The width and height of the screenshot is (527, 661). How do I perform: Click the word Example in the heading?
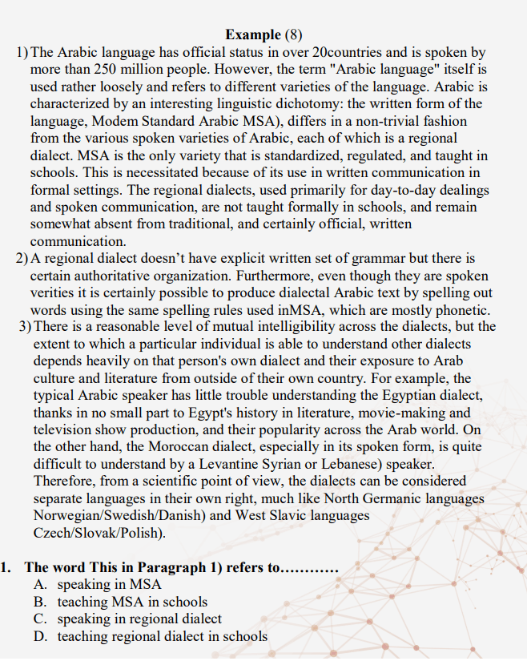[253, 34]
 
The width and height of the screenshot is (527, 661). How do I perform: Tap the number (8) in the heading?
[295, 34]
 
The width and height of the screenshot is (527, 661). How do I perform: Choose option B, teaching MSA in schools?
[132, 602]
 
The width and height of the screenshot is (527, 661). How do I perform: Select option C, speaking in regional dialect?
[139, 619]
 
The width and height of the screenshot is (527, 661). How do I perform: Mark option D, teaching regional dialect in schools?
[162, 637]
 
